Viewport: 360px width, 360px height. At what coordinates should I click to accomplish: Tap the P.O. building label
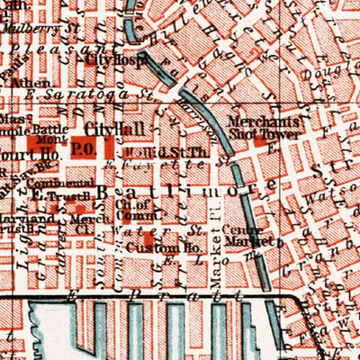[84, 146]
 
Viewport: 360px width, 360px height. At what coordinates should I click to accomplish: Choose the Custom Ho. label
[151, 246]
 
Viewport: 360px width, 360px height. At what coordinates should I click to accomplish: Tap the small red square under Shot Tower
[264, 141]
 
